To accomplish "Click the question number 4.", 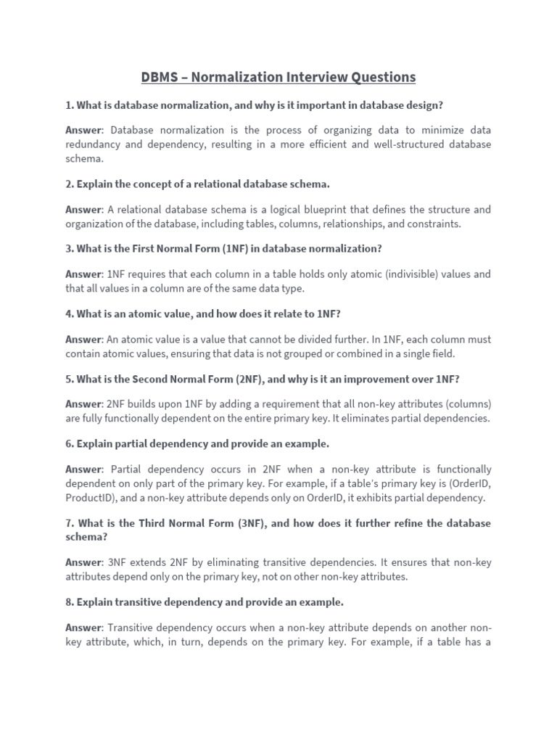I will click(x=69, y=314).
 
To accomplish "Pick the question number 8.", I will click(x=69, y=602).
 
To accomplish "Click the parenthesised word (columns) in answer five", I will click(x=466, y=404).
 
